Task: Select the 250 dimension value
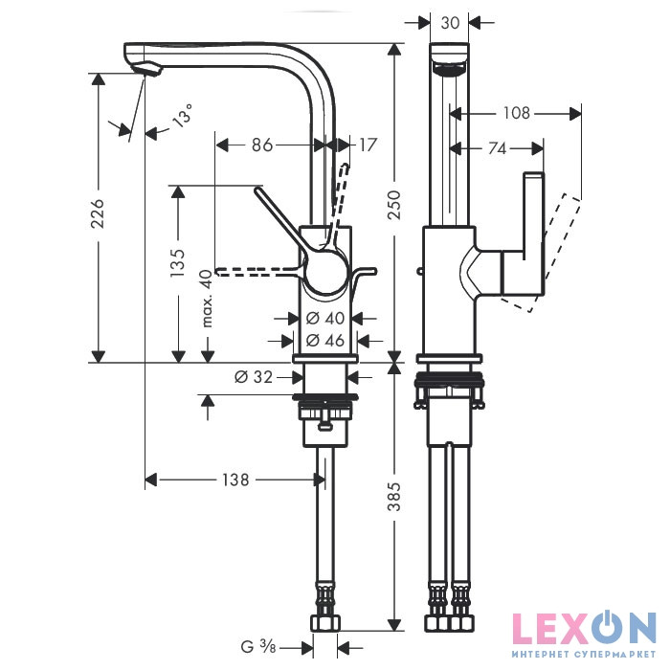pyautogui.click(x=394, y=206)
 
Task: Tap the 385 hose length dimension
pyautogui.click(x=394, y=497)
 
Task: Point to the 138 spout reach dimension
pyautogui.click(x=235, y=480)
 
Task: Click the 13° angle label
pyautogui.click(x=182, y=116)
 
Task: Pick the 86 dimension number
pyautogui.click(x=262, y=145)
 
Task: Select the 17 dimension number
pyautogui.click(x=367, y=145)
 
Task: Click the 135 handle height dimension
pyautogui.click(x=178, y=262)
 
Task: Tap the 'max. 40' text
pyautogui.click(x=208, y=299)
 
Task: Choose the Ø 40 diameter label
pyautogui.click(x=325, y=318)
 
